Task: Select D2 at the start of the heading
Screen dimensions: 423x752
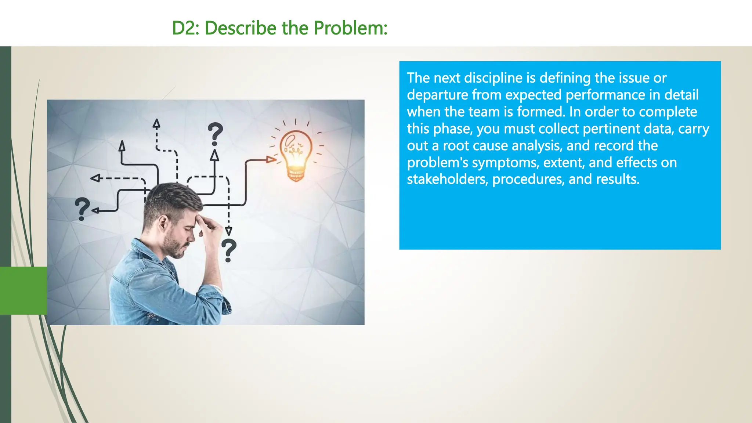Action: pos(185,28)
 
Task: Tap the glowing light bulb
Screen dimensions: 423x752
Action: pos(296,154)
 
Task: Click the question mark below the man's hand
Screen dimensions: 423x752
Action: pos(229,250)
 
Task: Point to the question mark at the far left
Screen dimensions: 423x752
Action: pos(82,209)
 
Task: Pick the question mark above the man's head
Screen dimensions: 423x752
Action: pos(215,134)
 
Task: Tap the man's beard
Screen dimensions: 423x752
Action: pos(176,248)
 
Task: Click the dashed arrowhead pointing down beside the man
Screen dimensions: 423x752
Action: pos(228,231)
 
